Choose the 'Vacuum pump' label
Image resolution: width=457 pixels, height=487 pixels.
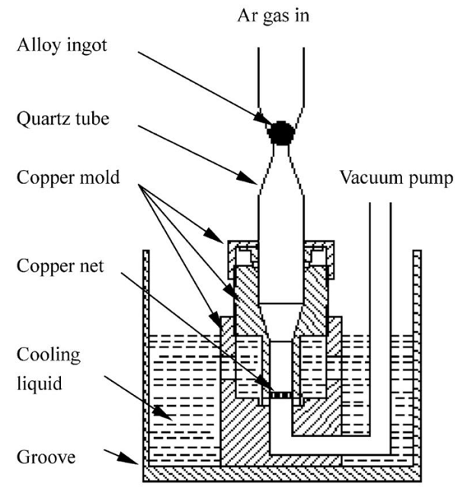396,177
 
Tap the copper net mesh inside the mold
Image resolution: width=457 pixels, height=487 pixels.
282,396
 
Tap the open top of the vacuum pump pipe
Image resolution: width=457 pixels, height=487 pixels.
379,204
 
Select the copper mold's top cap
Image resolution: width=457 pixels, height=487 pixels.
282,245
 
